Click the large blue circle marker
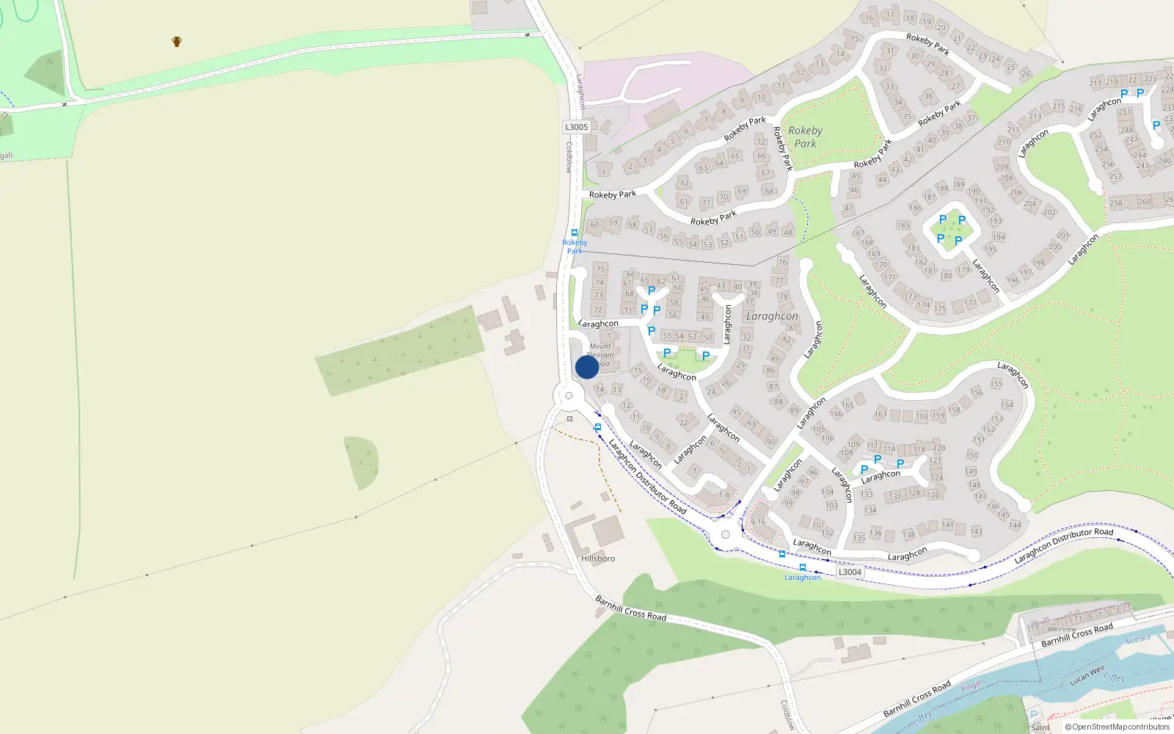(x=587, y=367)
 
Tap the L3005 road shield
(x=577, y=127)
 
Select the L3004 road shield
(x=850, y=572)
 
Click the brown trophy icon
(x=177, y=42)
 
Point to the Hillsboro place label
(x=598, y=559)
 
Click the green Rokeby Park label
(x=805, y=137)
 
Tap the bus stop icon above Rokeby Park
(x=575, y=233)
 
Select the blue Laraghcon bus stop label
(x=803, y=578)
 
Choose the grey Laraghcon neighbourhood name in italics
(x=771, y=316)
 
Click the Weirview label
(x=1062, y=629)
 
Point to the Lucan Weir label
(x=1087, y=675)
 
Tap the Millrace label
(x=1138, y=639)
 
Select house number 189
(x=959, y=184)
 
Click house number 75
(x=600, y=269)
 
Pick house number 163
(x=880, y=414)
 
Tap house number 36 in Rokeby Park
(x=929, y=96)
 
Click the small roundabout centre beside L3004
(x=726, y=534)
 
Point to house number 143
(x=977, y=531)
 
